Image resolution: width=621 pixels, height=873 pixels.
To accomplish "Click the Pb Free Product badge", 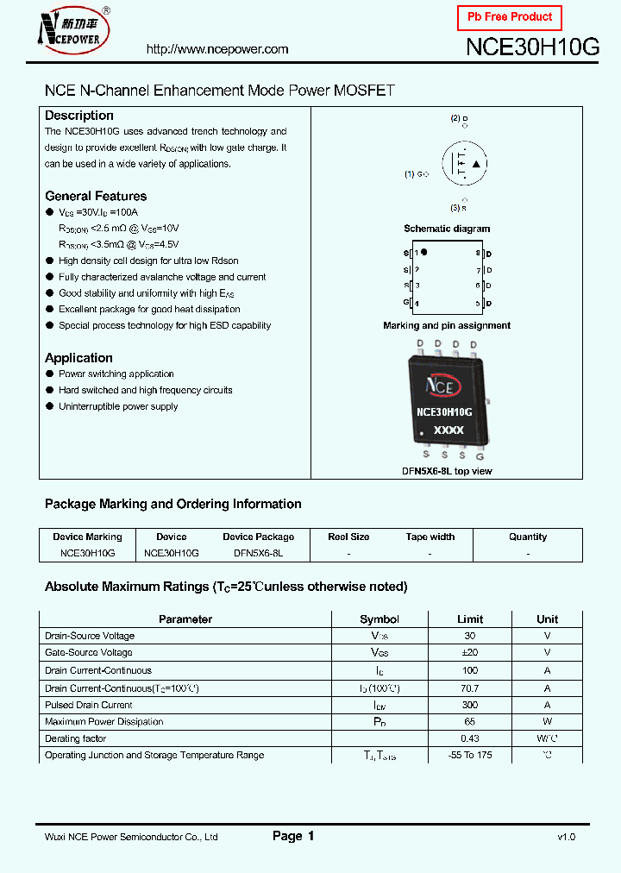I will pyautogui.click(x=509, y=17).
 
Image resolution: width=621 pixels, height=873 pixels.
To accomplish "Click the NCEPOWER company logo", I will pyautogui.click(x=72, y=31).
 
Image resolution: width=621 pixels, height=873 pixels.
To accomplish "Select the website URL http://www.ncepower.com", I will pyautogui.click(x=217, y=49).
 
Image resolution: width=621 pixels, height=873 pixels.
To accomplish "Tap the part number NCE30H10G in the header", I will pyautogui.click(x=532, y=47).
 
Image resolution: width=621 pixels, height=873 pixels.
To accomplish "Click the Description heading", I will pyautogui.click(x=79, y=116).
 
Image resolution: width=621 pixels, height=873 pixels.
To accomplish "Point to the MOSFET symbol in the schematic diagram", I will pyautogui.click(x=464, y=163).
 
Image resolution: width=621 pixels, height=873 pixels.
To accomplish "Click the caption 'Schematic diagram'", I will pyautogui.click(x=447, y=229).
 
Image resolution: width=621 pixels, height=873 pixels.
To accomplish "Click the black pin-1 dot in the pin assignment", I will pyautogui.click(x=424, y=253).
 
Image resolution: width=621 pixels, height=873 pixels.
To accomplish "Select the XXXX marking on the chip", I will pyautogui.click(x=448, y=430).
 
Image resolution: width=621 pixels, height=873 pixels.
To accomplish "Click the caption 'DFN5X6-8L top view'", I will pyautogui.click(x=447, y=471).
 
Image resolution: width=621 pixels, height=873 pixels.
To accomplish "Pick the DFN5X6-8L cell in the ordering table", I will pyautogui.click(x=258, y=552).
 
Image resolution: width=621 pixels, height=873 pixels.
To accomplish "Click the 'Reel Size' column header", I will pyautogui.click(x=348, y=537).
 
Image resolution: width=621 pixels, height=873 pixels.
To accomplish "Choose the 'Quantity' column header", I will pyautogui.click(x=528, y=537).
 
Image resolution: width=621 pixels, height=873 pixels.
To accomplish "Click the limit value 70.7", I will pyautogui.click(x=470, y=688).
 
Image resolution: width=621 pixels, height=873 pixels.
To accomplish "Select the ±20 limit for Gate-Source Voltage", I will pyautogui.click(x=470, y=653).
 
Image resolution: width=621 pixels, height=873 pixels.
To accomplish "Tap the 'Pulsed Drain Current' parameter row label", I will pyautogui.click(x=89, y=705).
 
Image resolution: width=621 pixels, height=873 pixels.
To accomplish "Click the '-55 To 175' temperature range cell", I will pyautogui.click(x=470, y=756).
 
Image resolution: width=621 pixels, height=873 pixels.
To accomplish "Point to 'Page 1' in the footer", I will pyautogui.click(x=293, y=836).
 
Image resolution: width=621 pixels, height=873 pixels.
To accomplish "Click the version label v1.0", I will pyautogui.click(x=566, y=837).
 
